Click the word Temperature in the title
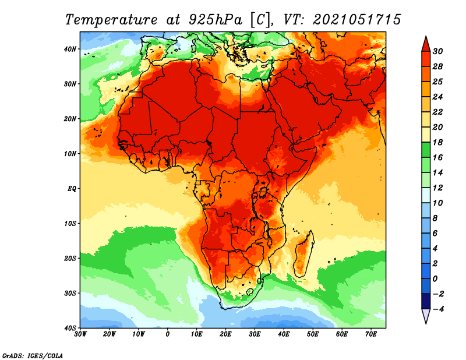tap(111, 20)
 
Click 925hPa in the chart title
tap(216, 20)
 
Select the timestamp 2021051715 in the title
tap(357, 19)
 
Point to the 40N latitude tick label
tap(70, 49)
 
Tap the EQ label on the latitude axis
tap(72, 189)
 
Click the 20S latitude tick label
tap(70, 258)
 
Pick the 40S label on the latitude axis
tap(70, 328)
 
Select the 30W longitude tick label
tap(80, 334)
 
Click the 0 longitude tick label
tap(168, 334)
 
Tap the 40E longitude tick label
tap(284, 334)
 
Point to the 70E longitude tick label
tap(371, 334)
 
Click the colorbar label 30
tap(437, 51)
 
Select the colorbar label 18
tap(437, 142)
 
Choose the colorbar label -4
tap(438, 309)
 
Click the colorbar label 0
tap(435, 279)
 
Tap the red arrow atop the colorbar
tap(426, 44)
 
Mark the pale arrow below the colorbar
tap(426, 316)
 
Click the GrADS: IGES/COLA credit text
tap(33, 356)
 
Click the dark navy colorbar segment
tap(426, 301)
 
